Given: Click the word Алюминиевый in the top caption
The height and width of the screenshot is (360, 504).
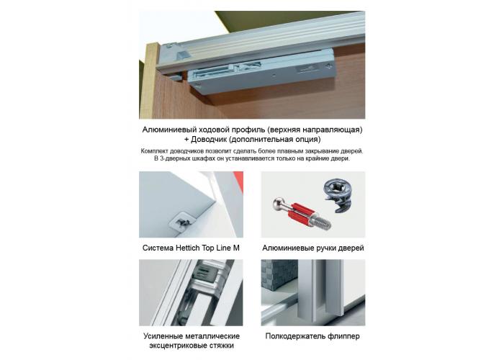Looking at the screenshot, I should pos(170,129).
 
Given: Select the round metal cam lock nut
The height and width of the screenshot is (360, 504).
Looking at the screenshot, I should pos(336,194).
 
